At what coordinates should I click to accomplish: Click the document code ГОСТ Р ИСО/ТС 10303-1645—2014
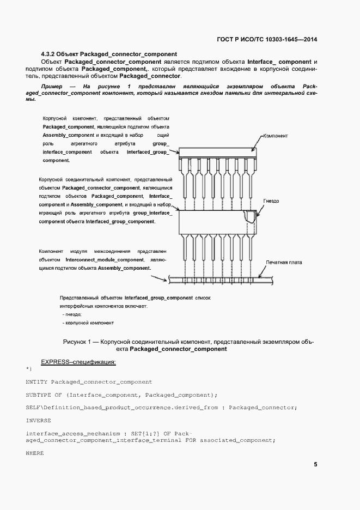pyautogui.click(x=267, y=40)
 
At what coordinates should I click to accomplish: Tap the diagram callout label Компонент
pyautogui.click(x=276, y=136)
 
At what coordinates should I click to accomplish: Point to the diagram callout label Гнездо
pyautogui.click(x=271, y=201)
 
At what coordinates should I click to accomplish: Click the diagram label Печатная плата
pyautogui.click(x=284, y=262)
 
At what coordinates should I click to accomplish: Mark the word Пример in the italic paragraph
pyautogui.click(x=54, y=87)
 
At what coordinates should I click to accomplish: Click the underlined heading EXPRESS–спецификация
pyautogui.click(x=78, y=362)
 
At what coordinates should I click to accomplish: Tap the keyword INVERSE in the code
pyautogui.click(x=38, y=420)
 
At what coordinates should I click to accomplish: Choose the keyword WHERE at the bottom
pyautogui.click(x=34, y=453)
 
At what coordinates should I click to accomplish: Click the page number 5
pyautogui.click(x=315, y=465)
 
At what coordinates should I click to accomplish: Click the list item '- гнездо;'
pyautogui.click(x=72, y=315)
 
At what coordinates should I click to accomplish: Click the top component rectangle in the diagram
pyautogui.click(x=217, y=153)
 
